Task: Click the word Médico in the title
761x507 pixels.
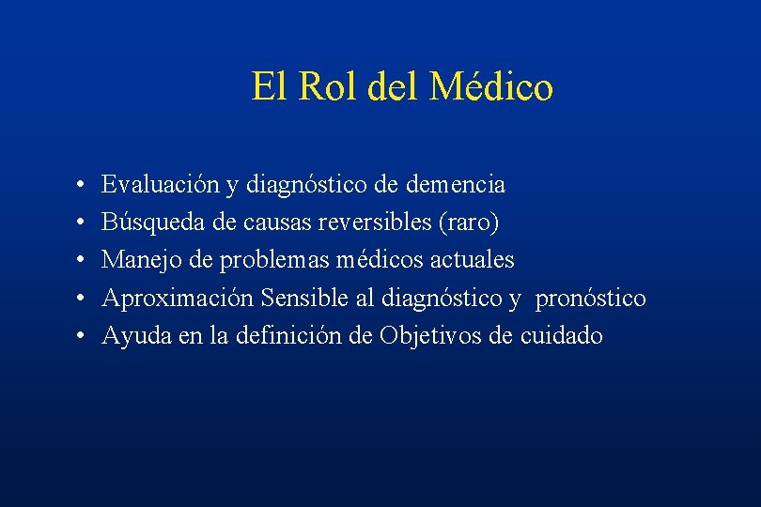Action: pyautogui.click(x=491, y=87)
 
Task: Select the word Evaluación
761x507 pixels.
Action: pyautogui.click(x=161, y=185)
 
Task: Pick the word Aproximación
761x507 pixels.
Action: pyautogui.click(x=178, y=298)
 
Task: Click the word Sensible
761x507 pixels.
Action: pyautogui.click(x=304, y=298)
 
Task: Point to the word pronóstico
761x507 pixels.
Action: pyautogui.click(x=591, y=298)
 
